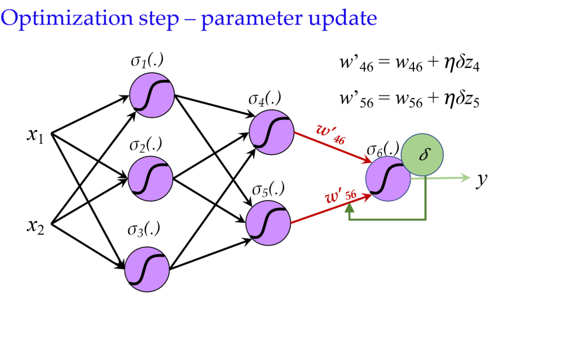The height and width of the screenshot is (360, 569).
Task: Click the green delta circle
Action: pos(422,154)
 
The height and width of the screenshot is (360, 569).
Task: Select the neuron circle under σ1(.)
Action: pos(152,95)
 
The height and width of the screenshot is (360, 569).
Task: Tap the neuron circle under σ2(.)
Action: pos(150,178)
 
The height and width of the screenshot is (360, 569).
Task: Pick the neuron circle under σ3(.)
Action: pos(147,269)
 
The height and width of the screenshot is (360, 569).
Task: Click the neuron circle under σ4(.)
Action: pos(271,132)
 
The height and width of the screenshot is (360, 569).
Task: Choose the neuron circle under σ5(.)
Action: pos(268,223)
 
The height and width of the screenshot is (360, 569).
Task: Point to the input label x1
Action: pos(35,136)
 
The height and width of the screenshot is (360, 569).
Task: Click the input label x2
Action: pos(35,226)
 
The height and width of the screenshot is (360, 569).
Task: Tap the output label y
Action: pos(482,179)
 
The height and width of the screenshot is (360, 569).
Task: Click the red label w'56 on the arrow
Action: pos(341,196)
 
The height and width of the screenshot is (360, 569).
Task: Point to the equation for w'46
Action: pos(410,64)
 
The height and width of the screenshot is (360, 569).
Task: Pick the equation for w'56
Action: pos(410,99)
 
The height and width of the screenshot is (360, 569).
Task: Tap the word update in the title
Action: pos(342,18)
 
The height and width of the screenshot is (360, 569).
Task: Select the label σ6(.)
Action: pos(383,149)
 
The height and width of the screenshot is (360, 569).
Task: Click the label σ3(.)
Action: pos(144,229)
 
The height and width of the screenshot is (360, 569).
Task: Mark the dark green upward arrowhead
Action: pos(349,208)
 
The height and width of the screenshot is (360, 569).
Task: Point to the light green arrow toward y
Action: pos(441,178)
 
